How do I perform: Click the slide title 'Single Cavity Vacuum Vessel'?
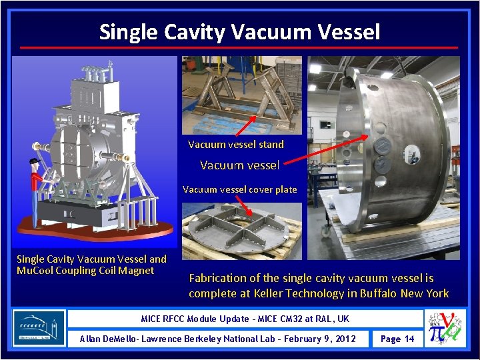[239, 31]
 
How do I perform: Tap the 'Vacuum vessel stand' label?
[235, 144]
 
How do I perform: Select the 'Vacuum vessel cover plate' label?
[239, 189]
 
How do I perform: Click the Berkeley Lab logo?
[39, 328]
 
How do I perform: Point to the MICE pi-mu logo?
[445, 328]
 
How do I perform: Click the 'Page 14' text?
[397, 339]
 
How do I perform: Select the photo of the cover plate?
[241, 231]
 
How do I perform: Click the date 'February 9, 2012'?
[314, 339]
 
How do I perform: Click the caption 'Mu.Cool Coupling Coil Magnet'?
[85, 270]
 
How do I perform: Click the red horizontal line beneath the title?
[239, 48]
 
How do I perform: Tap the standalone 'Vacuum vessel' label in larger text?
[239, 165]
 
